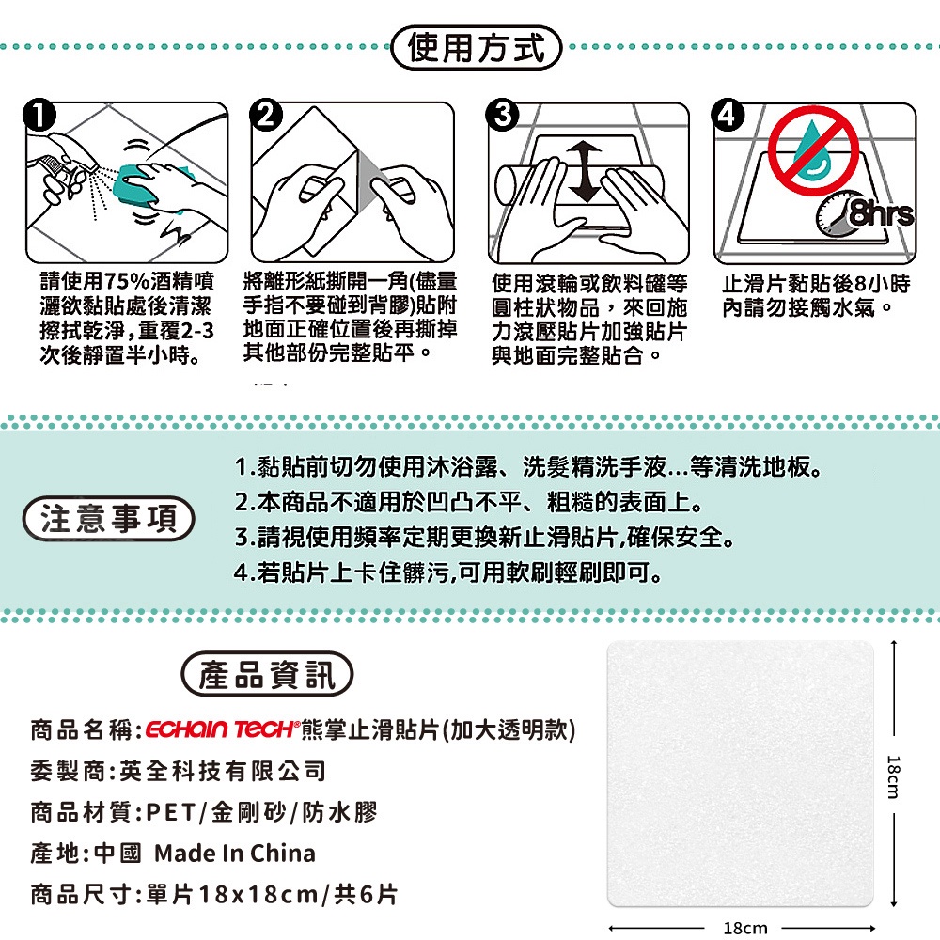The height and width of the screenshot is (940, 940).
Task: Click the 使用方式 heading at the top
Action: point(476,47)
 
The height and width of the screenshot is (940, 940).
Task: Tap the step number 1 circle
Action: point(39,116)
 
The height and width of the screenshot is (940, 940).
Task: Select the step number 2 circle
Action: point(266,115)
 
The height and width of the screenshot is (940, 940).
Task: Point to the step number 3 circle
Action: point(502,115)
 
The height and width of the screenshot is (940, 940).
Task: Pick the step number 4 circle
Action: point(728,115)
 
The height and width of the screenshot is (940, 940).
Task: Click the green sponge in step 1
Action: point(136,184)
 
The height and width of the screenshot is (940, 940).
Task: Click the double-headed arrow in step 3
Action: point(585,173)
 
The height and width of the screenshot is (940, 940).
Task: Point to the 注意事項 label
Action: point(108,519)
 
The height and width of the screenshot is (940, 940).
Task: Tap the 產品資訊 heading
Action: point(267,674)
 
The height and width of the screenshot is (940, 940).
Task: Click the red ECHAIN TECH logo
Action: point(221,729)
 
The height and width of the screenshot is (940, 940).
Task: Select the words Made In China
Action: point(235,854)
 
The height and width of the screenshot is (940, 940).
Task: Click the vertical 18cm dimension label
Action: point(893,776)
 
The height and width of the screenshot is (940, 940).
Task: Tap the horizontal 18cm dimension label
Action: point(745,929)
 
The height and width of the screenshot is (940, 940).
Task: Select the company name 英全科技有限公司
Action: point(223,771)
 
